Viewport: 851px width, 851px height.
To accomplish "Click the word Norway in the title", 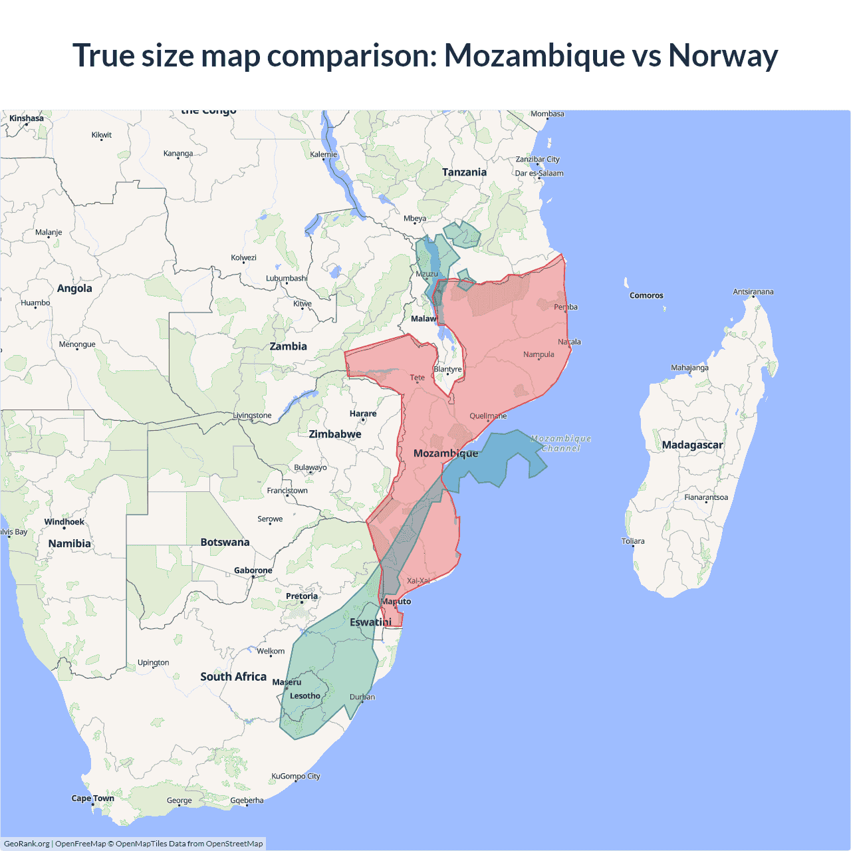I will pyautogui.click(x=723, y=56).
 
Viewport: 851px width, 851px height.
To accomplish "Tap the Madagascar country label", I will pyautogui.click(x=692, y=445).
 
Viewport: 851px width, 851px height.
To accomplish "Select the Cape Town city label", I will pyautogui.click(x=92, y=798).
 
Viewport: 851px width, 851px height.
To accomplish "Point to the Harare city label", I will pyautogui.click(x=363, y=414).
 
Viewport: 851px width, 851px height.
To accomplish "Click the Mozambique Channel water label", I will pyautogui.click(x=561, y=443).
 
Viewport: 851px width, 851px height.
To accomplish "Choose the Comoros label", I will pyautogui.click(x=646, y=295).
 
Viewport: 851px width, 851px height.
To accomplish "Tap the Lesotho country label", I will pyautogui.click(x=305, y=696).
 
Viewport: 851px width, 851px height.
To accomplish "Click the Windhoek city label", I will pyautogui.click(x=64, y=522).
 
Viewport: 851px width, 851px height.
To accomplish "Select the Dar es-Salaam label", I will pyautogui.click(x=539, y=174).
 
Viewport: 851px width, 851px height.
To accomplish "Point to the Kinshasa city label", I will pyautogui.click(x=27, y=118).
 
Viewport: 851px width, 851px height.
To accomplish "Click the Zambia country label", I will pyautogui.click(x=288, y=346).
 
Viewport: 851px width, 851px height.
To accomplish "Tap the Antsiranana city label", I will pyautogui.click(x=753, y=292).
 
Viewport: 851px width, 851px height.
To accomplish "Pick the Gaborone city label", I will pyautogui.click(x=253, y=570).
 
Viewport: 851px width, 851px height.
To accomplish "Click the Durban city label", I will pyautogui.click(x=362, y=697).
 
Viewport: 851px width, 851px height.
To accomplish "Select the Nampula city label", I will pyautogui.click(x=539, y=354).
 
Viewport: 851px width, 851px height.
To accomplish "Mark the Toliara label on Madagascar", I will pyautogui.click(x=633, y=541).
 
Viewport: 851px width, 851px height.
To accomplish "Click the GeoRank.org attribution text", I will pyautogui.click(x=27, y=844).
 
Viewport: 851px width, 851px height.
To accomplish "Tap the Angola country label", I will pyautogui.click(x=74, y=289).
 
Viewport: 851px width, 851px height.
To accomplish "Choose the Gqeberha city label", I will pyautogui.click(x=247, y=800).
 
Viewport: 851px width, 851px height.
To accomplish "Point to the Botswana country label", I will pyautogui.click(x=225, y=543).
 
